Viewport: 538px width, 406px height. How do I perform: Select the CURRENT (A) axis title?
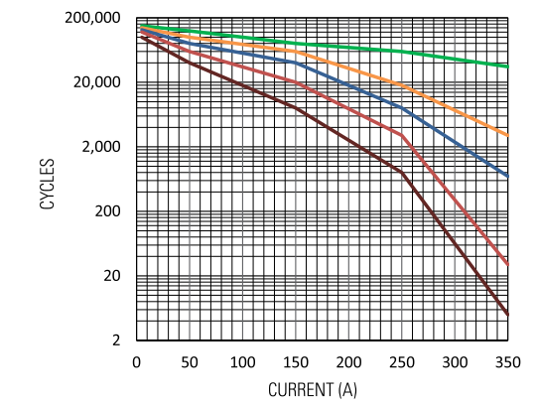313,390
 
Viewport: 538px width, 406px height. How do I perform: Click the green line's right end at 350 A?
507,67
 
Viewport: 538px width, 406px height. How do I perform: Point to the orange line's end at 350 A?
507,135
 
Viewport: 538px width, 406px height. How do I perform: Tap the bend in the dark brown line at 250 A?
402,173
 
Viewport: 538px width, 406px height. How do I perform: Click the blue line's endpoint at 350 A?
507,177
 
